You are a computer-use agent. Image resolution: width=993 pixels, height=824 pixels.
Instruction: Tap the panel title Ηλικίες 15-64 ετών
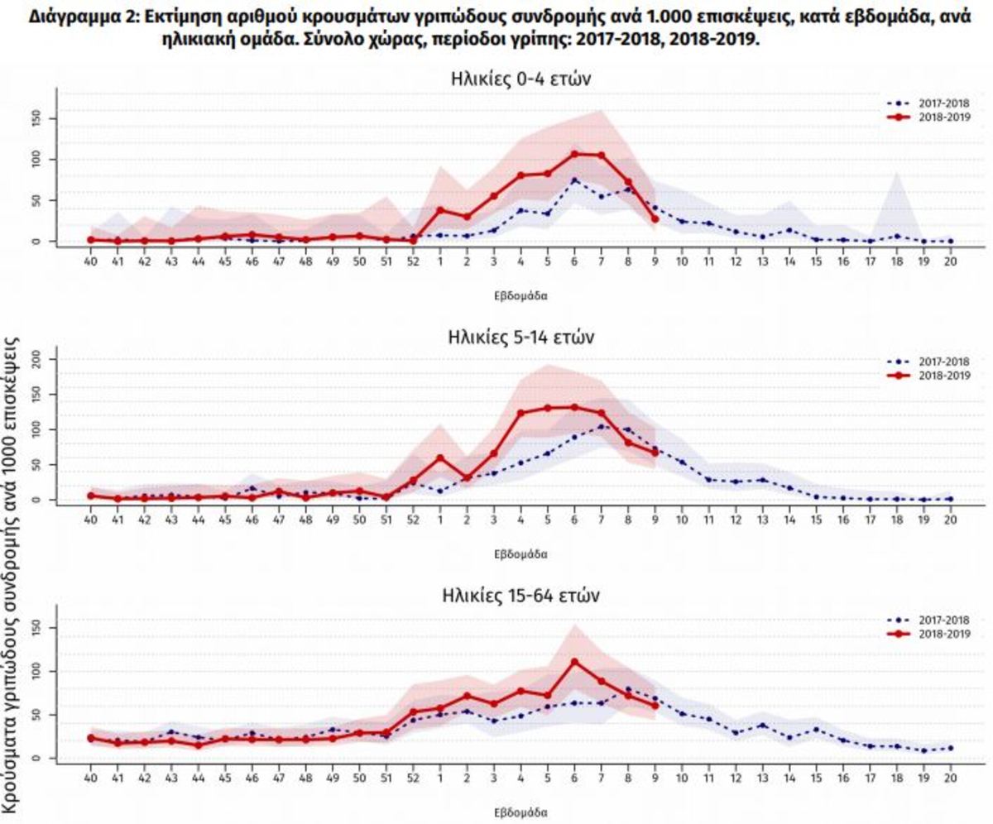click(520, 596)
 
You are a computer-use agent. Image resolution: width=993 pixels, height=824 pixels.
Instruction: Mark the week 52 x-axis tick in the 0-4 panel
click(414, 262)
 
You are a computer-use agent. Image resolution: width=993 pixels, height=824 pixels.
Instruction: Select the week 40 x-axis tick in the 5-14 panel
click(91, 520)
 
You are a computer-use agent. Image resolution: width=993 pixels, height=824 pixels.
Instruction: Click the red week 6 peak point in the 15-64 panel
click(574, 662)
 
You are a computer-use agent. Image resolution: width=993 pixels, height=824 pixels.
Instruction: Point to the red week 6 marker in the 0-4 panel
click(574, 154)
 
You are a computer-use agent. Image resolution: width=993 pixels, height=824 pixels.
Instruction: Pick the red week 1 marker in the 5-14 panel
click(440, 458)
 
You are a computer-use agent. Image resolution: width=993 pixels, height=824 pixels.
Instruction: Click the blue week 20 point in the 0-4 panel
click(951, 241)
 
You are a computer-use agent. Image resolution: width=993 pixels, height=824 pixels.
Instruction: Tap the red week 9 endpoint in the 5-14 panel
click(655, 453)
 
